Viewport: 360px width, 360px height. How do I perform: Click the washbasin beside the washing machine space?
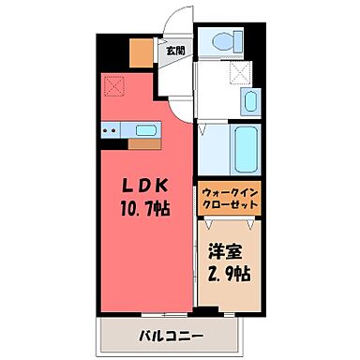click(250, 101)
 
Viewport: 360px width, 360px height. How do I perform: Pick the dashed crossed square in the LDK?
click(116, 87)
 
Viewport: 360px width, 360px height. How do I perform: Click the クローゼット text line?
click(228, 206)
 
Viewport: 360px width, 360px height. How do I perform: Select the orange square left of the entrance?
click(141, 53)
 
